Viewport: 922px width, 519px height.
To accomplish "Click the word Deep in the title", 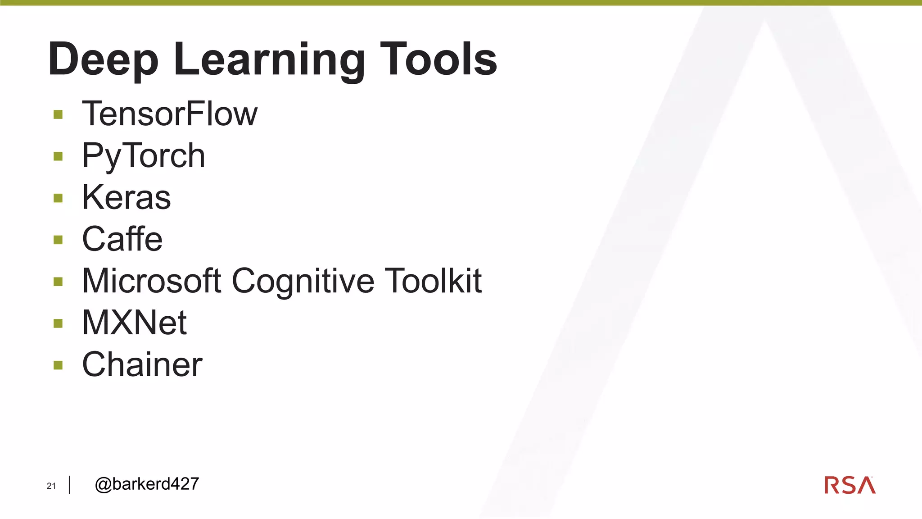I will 103,60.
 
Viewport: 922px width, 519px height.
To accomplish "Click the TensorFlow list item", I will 170,114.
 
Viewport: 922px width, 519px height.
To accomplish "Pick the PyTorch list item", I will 143,156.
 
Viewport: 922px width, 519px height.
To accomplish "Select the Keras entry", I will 127,197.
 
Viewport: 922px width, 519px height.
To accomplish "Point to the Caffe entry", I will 122,239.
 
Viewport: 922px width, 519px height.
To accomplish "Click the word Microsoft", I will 152,281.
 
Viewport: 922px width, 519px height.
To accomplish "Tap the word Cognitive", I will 303,281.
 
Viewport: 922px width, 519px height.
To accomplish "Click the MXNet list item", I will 134,323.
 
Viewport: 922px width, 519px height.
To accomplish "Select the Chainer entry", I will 142,364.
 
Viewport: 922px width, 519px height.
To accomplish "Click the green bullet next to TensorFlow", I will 58,114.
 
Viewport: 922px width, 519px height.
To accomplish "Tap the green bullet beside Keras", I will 58,198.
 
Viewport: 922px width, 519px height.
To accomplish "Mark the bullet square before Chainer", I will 58,365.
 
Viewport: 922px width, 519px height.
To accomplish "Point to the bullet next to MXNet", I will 58,323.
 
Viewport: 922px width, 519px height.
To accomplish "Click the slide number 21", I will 51,486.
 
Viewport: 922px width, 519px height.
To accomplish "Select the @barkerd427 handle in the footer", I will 147,484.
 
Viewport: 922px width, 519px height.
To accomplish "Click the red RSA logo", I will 850,485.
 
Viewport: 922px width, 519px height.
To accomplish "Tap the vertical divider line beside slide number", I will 70,485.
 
